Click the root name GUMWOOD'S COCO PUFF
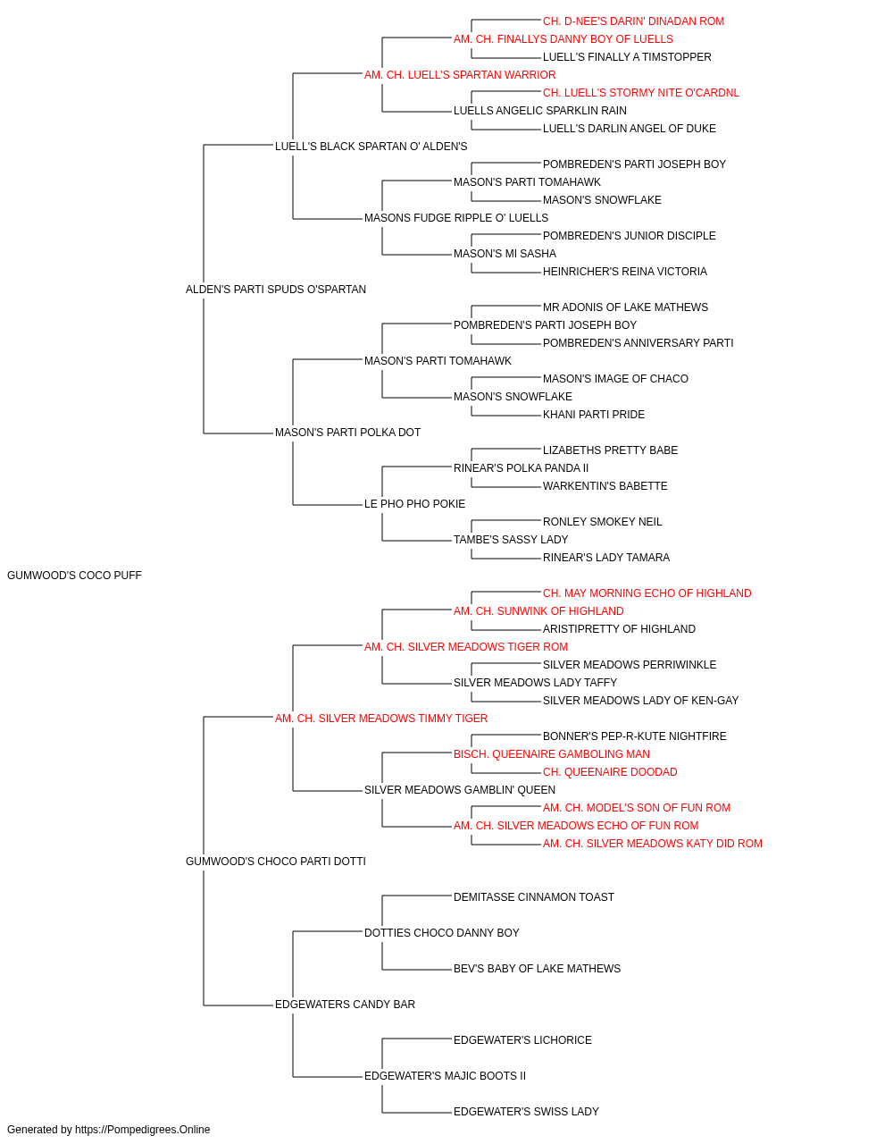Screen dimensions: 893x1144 click(74, 576)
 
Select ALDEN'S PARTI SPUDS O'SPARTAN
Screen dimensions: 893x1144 click(276, 290)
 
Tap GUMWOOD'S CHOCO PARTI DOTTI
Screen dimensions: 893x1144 click(276, 862)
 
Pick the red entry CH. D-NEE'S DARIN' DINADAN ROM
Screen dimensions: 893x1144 click(633, 21)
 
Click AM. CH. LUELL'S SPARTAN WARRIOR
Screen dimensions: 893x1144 click(460, 75)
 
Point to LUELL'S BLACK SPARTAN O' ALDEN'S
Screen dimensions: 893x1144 click(371, 147)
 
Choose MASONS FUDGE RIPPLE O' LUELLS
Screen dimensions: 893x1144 click(456, 218)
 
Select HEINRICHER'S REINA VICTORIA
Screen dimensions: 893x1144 click(625, 272)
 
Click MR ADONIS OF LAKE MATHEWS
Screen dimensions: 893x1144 click(625, 307)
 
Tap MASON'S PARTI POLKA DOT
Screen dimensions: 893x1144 click(347, 433)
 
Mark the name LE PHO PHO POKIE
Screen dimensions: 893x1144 click(414, 504)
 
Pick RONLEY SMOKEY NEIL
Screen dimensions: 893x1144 click(602, 522)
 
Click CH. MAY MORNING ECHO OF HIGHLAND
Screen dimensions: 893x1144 click(647, 593)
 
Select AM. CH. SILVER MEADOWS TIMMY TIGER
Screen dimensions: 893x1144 click(381, 719)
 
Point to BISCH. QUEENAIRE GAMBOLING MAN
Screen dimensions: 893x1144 click(552, 754)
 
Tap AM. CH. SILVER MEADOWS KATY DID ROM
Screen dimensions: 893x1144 click(653, 844)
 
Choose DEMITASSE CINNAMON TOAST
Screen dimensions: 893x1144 click(534, 897)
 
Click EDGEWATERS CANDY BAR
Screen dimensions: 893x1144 click(345, 1005)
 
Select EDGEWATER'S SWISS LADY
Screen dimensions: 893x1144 click(527, 1112)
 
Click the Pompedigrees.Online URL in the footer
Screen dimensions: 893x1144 click(142, 1130)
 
